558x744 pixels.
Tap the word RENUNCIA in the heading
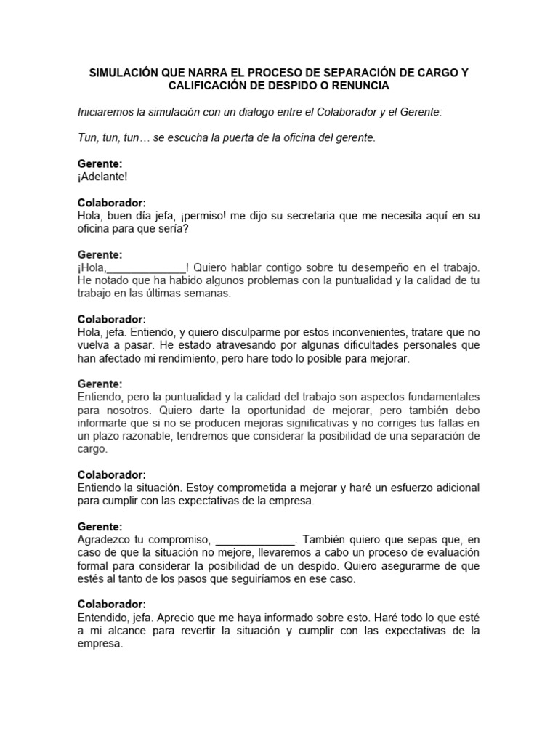point(357,86)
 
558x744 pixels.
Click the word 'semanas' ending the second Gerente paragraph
point(208,294)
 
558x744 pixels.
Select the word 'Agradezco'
point(104,540)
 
